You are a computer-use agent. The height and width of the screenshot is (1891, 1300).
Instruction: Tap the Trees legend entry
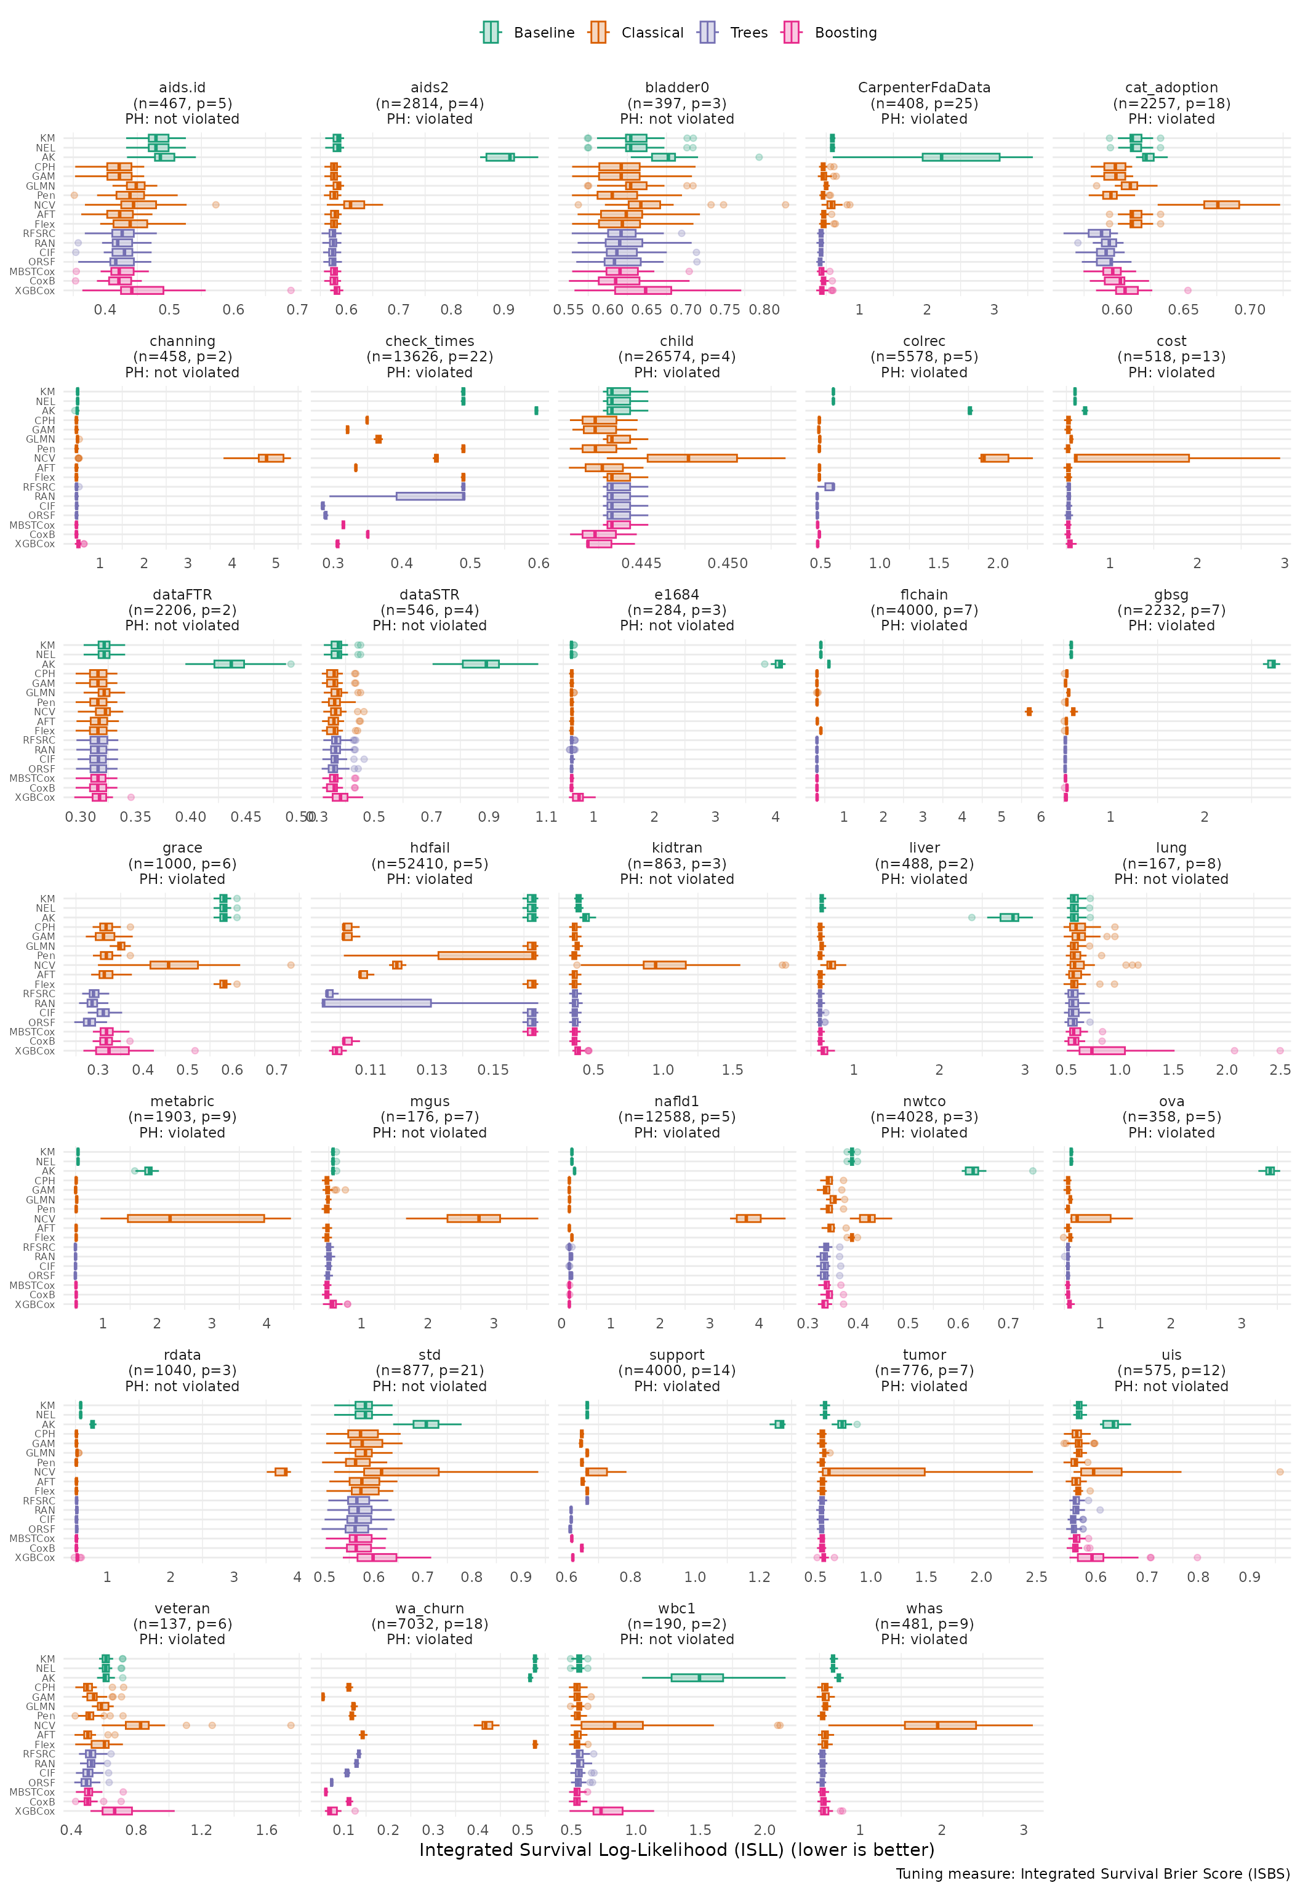733,33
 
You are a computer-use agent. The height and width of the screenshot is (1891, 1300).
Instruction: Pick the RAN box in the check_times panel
430,496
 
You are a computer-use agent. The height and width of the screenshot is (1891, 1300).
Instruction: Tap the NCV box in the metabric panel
196,1218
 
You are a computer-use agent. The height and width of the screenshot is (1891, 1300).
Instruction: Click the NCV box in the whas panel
940,1725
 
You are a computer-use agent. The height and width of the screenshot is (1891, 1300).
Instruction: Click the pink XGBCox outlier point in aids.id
291,290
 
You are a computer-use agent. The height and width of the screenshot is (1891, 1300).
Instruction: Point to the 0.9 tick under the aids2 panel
504,310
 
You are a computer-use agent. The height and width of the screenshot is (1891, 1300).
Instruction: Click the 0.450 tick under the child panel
728,564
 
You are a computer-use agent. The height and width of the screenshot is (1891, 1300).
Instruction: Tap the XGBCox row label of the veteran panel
35,1810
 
